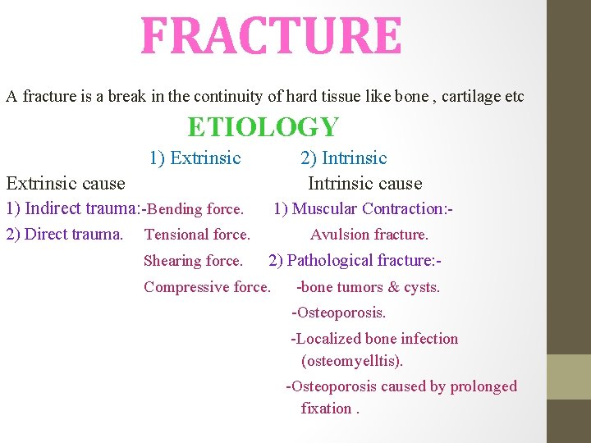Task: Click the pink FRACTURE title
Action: click(271, 37)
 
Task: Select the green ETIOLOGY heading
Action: click(263, 127)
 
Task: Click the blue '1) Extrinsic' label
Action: click(195, 158)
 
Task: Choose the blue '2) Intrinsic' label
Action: click(343, 158)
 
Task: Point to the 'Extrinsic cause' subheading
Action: click(66, 183)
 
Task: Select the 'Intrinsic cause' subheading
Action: click(364, 183)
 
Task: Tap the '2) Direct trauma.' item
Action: click(64, 235)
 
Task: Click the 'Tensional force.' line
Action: click(197, 235)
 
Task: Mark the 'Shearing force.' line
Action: click(193, 261)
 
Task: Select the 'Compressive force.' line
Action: click(207, 287)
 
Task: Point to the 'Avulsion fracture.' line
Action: click(369, 235)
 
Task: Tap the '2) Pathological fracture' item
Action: click(355, 261)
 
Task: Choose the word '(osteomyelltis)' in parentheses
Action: click(352, 361)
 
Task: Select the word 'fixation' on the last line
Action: click(325, 408)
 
